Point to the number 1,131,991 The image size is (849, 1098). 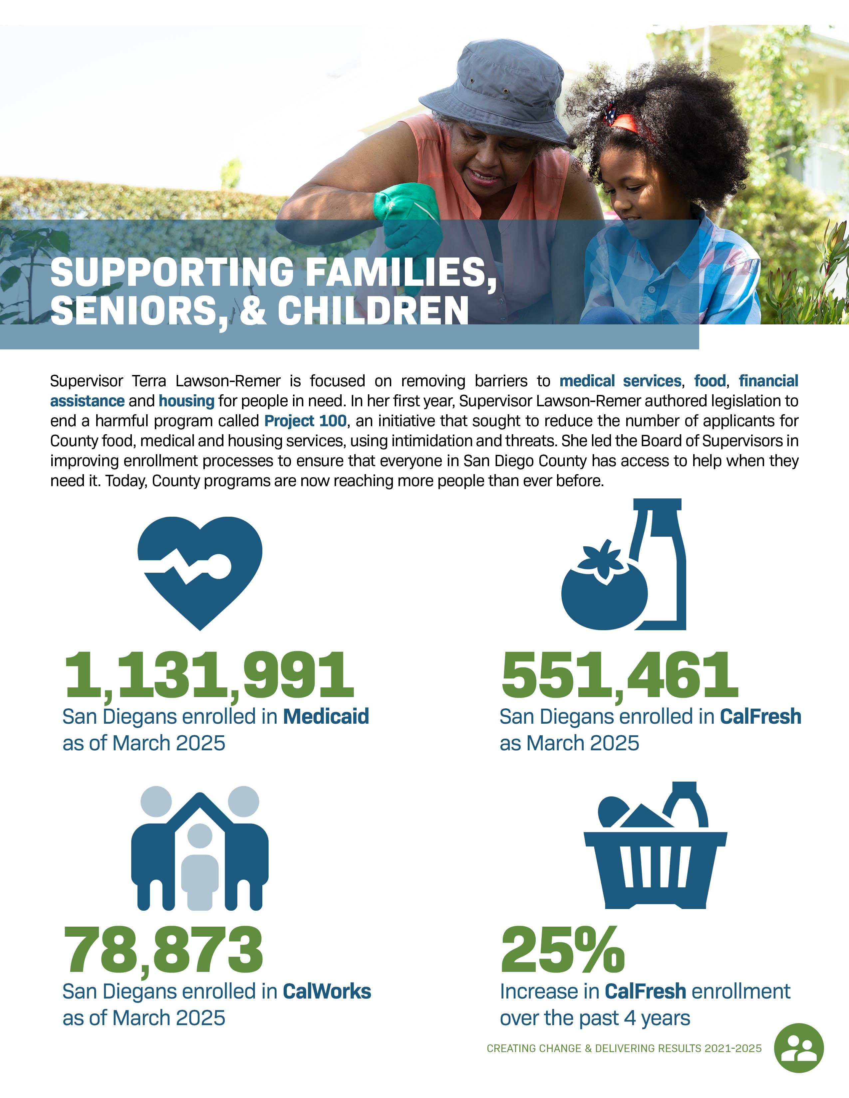209,675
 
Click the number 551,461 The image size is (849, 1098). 620,675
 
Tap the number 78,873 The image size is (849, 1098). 163,950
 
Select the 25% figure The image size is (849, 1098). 562,950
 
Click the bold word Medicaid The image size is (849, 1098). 326,716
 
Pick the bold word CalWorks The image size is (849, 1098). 327,992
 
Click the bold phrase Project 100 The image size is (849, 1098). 305,421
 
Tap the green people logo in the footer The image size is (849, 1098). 799,1048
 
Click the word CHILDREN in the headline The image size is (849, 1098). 373,311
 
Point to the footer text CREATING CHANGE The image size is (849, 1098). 533,1049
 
